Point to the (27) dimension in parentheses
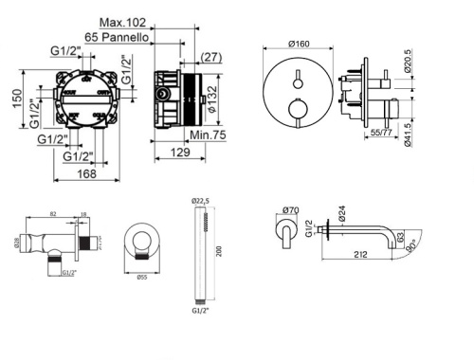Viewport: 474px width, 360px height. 210,57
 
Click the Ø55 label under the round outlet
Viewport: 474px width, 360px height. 140,277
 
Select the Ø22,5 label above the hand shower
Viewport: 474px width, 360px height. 201,200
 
